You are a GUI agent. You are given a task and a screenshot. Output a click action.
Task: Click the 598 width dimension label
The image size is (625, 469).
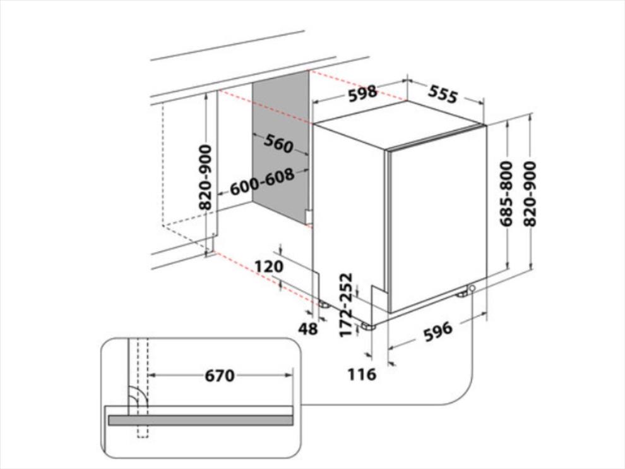point(362,93)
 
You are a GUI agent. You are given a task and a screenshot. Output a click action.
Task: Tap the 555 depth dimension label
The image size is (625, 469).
point(443,94)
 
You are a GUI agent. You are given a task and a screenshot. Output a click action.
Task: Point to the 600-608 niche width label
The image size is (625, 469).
point(262,181)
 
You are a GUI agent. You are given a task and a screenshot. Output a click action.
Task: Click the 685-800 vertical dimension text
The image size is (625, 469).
point(506,193)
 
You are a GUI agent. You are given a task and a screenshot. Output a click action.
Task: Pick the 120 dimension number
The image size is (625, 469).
point(269,266)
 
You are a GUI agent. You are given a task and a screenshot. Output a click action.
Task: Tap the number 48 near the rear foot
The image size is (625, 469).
point(308,329)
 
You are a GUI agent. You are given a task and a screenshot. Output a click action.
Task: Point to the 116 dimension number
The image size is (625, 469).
point(362,374)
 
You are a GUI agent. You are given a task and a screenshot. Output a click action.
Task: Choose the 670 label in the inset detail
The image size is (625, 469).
point(220,375)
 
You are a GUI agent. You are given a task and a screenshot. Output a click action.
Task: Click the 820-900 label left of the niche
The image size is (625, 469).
point(205,177)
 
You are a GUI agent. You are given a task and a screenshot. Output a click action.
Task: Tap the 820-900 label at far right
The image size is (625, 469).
point(530,194)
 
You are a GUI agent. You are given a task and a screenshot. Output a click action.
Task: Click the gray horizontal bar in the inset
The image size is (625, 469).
point(201,420)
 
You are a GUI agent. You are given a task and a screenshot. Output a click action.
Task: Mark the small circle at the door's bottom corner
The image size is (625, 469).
point(472,288)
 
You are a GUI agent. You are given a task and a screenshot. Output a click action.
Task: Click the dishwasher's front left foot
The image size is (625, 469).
point(367,327)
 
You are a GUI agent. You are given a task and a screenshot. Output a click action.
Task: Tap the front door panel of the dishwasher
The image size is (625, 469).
point(437,219)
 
